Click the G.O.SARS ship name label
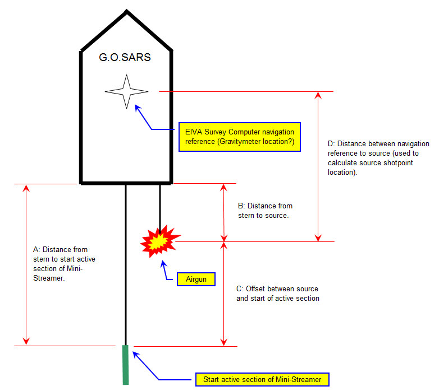click(x=124, y=57)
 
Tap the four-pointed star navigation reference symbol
click(x=127, y=92)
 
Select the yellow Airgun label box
click(x=196, y=279)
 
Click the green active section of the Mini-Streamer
click(x=126, y=365)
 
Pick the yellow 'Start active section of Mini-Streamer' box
click(x=262, y=379)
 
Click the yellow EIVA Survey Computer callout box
click(x=239, y=137)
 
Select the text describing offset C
click(x=277, y=294)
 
